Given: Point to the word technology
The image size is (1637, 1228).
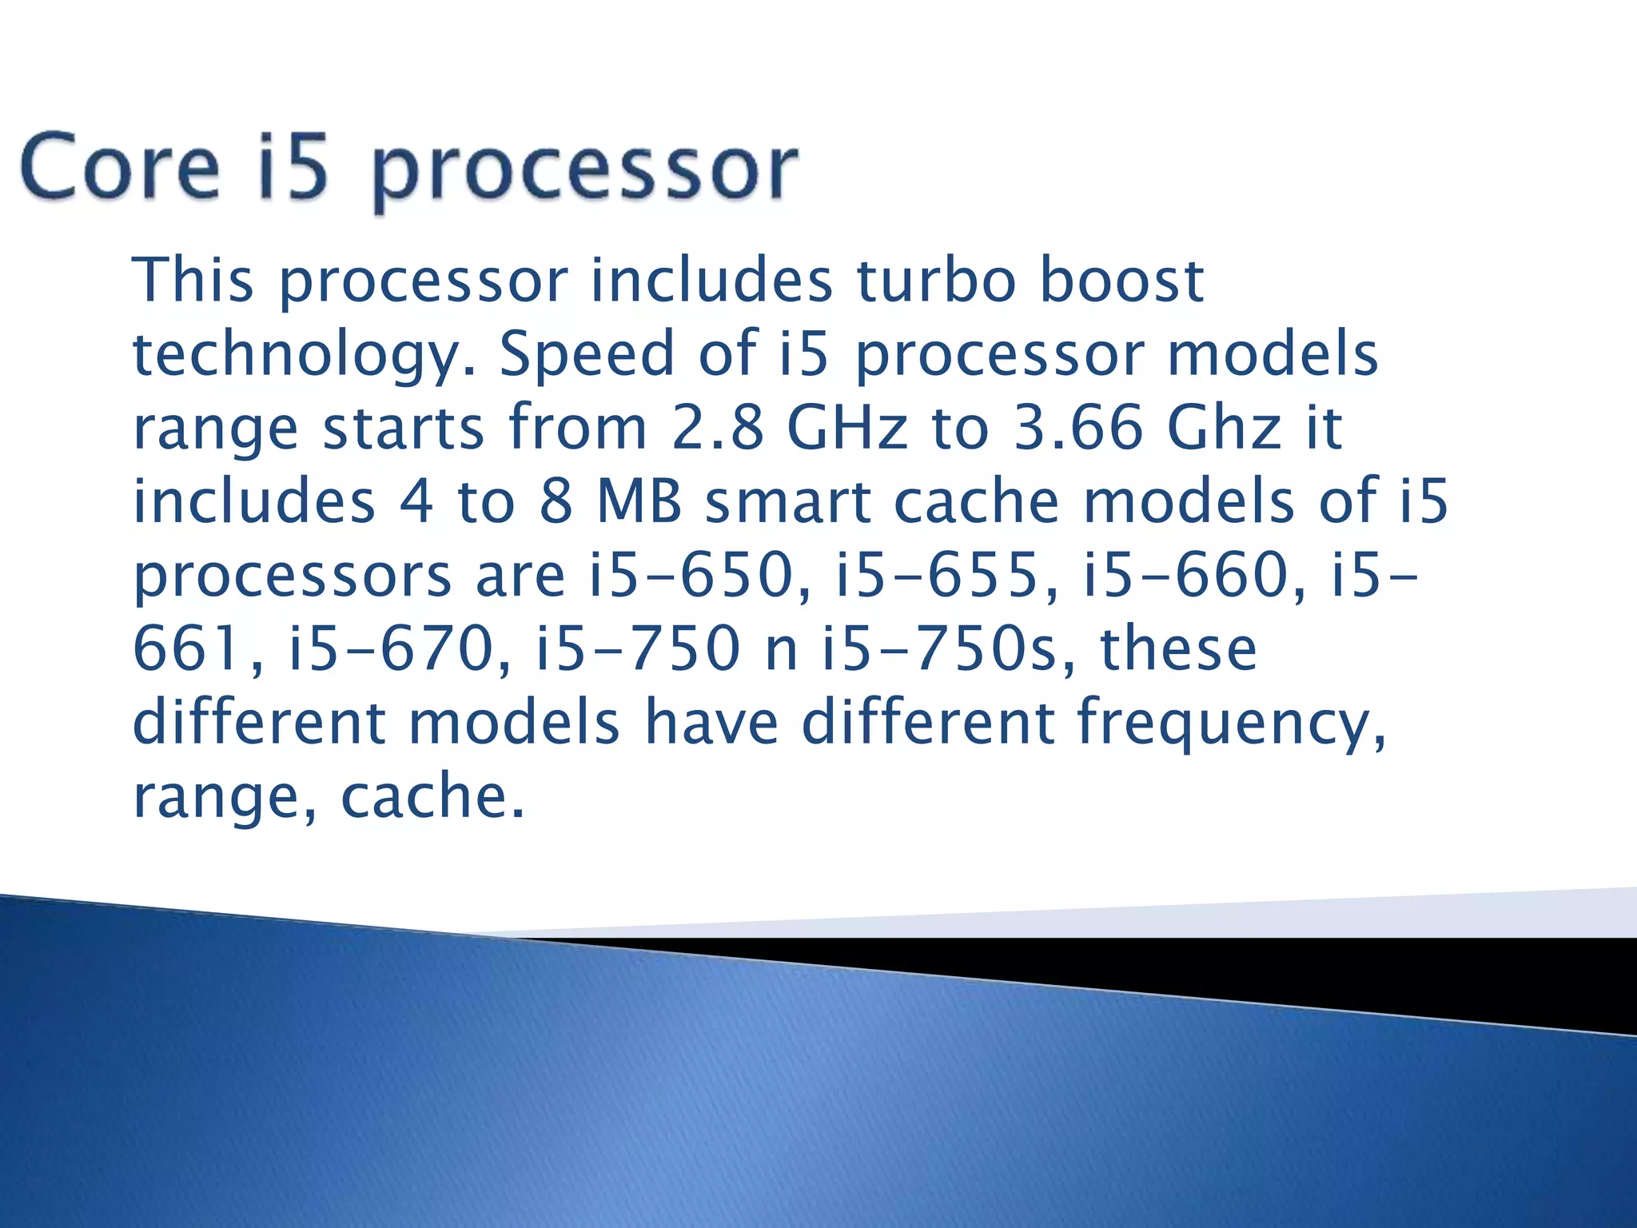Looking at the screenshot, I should point(304,356).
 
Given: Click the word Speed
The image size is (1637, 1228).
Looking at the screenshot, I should point(587,354).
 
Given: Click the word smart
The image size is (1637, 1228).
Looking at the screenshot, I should point(788,501).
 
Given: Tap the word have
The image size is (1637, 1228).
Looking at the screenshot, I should point(711,722).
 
